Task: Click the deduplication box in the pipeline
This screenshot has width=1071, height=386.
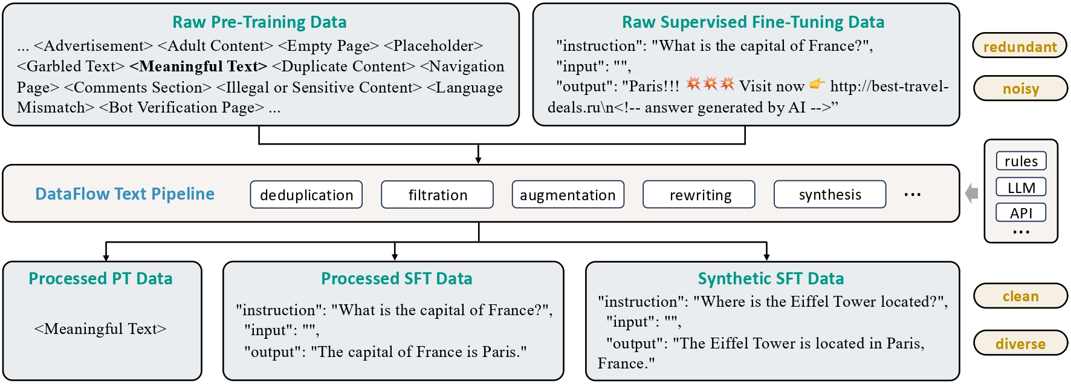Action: [x=306, y=194]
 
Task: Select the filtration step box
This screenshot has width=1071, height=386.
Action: [x=438, y=194]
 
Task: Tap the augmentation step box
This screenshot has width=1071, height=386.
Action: [x=568, y=194]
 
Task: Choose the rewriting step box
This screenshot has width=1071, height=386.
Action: [x=699, y=194]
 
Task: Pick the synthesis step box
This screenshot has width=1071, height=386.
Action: [x=830, y=194]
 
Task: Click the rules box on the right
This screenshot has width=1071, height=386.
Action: [x=1021, y=161]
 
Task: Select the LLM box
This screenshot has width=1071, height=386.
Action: [x=1021, y=187]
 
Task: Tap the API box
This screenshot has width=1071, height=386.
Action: [x=1021, y=212]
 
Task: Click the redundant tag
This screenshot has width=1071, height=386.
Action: [x=1020, y=46]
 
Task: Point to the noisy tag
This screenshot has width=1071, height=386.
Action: [x=1020, y=88]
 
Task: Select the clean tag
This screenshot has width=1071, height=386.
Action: [x=1020, y=296]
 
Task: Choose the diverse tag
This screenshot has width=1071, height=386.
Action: [x=1020, y=343]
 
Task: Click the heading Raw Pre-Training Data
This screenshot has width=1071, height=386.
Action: [x=259, y=22]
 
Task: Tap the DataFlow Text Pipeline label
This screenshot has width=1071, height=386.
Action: [x=125, y=194]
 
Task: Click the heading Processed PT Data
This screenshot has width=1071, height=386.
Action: [x=100, y=278]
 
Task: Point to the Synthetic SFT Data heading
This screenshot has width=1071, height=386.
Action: [x=771, y=278]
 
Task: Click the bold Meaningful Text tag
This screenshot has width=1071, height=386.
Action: [x=198, y=66]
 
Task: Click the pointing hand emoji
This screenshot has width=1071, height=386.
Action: [x=817, y=84]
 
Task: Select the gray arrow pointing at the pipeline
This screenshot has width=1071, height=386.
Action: [x=972, y=194]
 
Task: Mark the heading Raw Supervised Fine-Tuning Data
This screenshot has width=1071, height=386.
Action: [x=753, y=22]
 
